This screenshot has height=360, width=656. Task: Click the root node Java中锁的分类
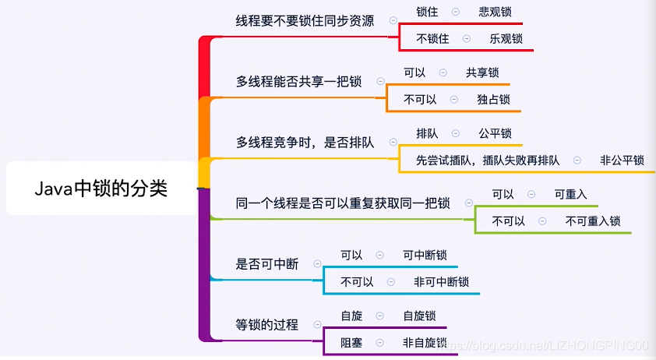point(101,188)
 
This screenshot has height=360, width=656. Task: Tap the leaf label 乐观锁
point(506,38)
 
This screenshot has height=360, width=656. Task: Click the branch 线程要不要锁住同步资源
point(305,20)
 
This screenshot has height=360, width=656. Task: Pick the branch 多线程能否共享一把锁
point(298,81)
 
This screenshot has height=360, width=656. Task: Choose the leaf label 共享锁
point(482,72)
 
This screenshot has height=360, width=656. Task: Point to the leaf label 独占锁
point(493,99)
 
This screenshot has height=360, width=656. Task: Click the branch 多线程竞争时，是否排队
point(305,143)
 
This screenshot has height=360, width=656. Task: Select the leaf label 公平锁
point(495,133)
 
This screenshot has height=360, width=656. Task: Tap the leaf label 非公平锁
point(622,161)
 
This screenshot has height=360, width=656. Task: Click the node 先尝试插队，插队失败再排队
point(488,161)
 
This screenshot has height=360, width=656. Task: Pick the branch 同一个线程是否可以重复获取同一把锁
point(343,203)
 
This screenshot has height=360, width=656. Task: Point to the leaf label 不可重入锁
point(593,221)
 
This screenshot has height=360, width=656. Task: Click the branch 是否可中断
point(267,264)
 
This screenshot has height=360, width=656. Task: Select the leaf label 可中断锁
point(425,255)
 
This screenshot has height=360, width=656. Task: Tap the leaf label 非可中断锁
point(441,281)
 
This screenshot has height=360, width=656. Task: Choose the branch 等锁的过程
point(267,324)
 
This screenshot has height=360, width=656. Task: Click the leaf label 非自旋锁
point(425,342)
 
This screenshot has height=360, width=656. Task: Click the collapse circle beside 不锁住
point(467,38)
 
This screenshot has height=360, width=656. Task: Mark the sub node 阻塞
point(351,342)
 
